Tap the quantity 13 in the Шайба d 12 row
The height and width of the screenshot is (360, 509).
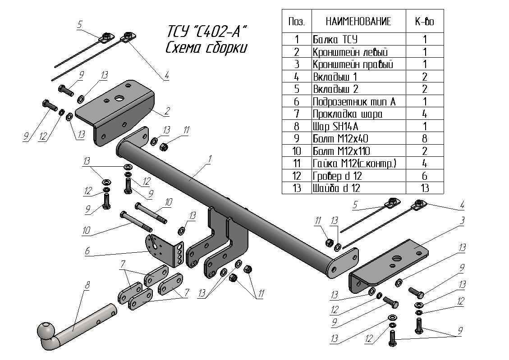[425, 188]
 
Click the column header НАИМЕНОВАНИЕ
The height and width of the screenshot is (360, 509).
[358, 21]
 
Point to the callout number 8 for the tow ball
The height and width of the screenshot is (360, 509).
[87, 285]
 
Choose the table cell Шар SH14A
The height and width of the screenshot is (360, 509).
[335, 126]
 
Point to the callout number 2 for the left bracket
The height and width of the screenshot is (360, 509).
[167, 109]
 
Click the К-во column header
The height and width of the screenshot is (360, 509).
[424, 21]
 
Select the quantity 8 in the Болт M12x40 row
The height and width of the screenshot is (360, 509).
[425, 138]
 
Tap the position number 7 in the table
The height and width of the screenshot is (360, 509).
[297, 114]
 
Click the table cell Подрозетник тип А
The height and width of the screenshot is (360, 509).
[354, 101]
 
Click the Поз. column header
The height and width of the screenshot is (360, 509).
[297, 21]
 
